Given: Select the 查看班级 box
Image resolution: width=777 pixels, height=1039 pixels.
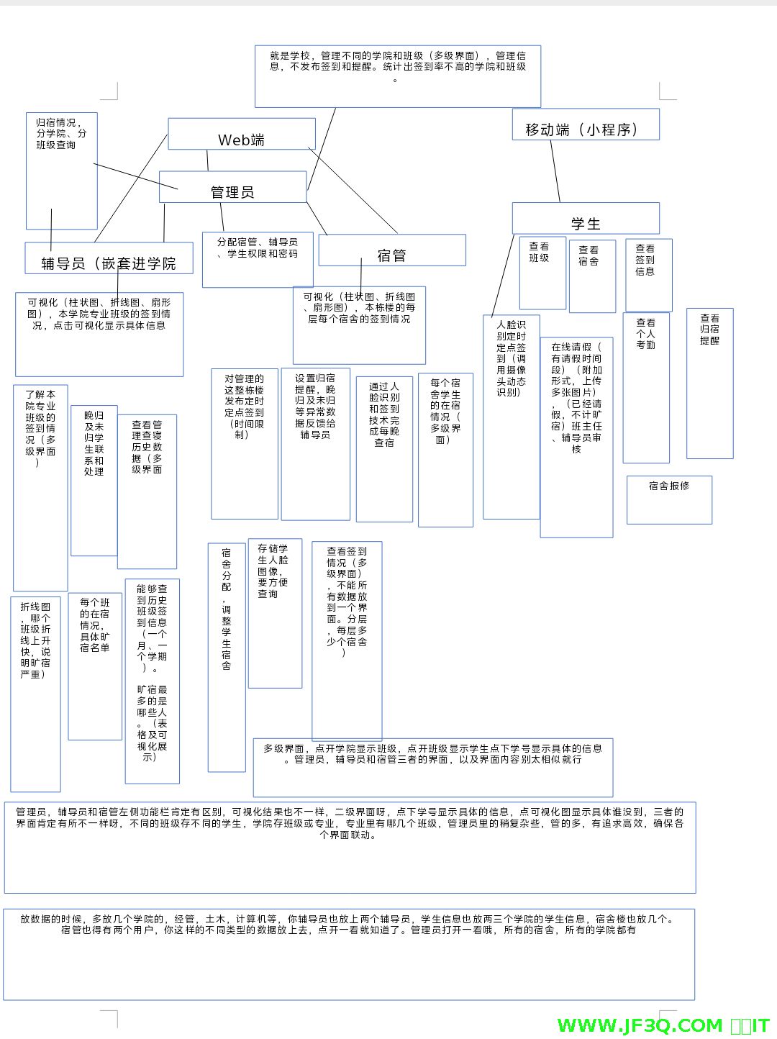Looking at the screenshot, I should point(542,273).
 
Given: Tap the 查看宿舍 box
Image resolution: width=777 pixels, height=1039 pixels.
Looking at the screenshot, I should point(592,276).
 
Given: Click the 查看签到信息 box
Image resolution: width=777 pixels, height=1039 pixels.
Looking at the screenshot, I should point(648,275).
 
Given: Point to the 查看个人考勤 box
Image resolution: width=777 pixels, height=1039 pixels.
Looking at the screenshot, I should point(646,387).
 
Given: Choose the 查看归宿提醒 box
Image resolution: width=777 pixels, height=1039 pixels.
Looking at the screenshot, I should point(709,383).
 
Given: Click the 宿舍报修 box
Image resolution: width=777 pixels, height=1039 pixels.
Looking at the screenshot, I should point(669,499).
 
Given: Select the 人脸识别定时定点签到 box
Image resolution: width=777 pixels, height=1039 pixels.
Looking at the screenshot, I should point(511,417).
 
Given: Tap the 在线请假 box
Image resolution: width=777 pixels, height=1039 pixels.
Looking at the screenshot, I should point(576,437).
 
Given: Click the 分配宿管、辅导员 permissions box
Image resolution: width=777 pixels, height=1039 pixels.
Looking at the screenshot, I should point(258,259).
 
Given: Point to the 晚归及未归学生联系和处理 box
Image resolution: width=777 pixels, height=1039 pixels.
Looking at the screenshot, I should point(94,480).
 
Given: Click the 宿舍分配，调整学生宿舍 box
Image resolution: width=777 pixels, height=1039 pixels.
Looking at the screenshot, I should point(227,657).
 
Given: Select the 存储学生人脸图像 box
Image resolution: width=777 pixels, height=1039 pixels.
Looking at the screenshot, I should point(275,613).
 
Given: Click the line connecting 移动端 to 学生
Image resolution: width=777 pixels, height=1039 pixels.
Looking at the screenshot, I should point(555,171).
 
